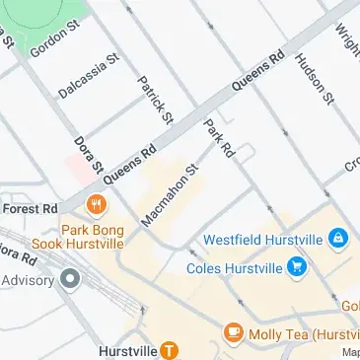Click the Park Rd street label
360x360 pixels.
[218, 138]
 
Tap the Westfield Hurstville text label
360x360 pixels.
[263, 239]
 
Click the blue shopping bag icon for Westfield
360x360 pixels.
[338, 238]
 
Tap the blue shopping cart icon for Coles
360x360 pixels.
[295, 265]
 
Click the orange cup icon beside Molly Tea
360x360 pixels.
[234, 332]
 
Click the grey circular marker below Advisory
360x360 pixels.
[69, 279]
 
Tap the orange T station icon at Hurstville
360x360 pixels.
[170, 349]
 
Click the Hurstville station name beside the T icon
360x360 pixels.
[127, 350]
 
